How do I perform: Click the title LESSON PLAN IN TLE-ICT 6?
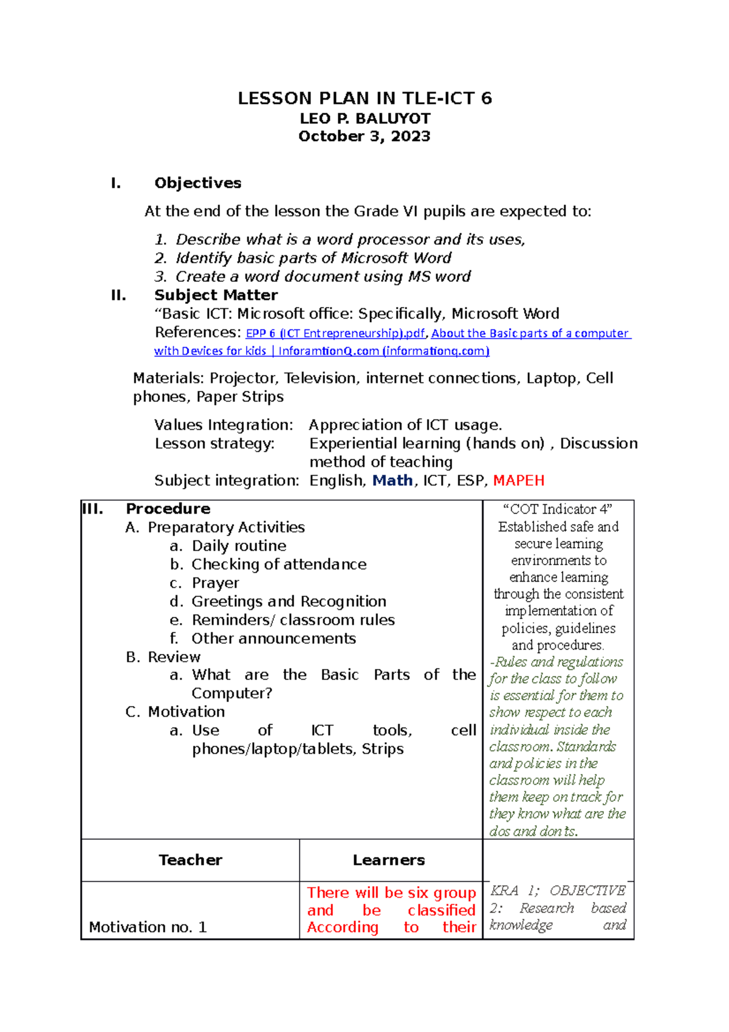[x=364, y=98]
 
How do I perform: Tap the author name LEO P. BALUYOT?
[x=364, y=119]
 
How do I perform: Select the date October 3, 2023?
[x=364, y=136]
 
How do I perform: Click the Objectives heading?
[x=197, y=183]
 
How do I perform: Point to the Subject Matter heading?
[x=216, y=295]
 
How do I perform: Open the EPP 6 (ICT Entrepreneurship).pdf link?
[x=335, y=334]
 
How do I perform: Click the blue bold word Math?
[x=392, y=481]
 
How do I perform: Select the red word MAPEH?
[x=518, y=481]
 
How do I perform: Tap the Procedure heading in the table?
[x=168, y=509]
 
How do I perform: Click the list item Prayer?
[x=215, y=583]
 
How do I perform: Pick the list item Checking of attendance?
[x=279, y=565]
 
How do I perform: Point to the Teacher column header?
[x=190, y=860]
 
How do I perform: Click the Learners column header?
[x=389, y=860]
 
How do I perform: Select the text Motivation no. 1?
[x=148, y=927]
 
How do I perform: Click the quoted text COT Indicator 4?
[x=558, y=509]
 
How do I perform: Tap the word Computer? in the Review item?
[x=231, y=693]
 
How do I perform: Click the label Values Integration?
[x=224, y=425]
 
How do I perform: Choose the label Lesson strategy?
[x=214, y=444]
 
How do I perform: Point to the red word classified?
[x=441, y=910]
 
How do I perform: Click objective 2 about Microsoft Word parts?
[x=313, y=258]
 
